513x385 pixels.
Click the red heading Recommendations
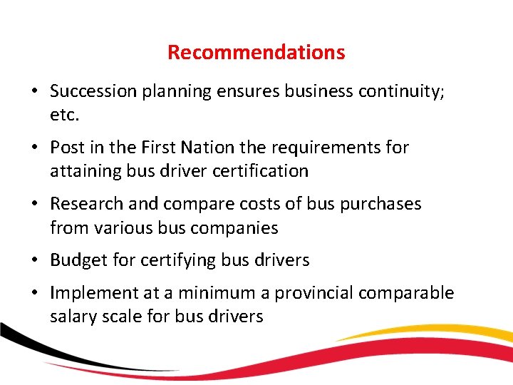point(256,52)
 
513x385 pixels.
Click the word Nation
point(207,148)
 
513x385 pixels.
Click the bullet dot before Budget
point(35,260)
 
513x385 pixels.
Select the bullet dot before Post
point(35,148)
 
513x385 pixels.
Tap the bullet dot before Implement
point(35,293)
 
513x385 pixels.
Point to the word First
point(155,148)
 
